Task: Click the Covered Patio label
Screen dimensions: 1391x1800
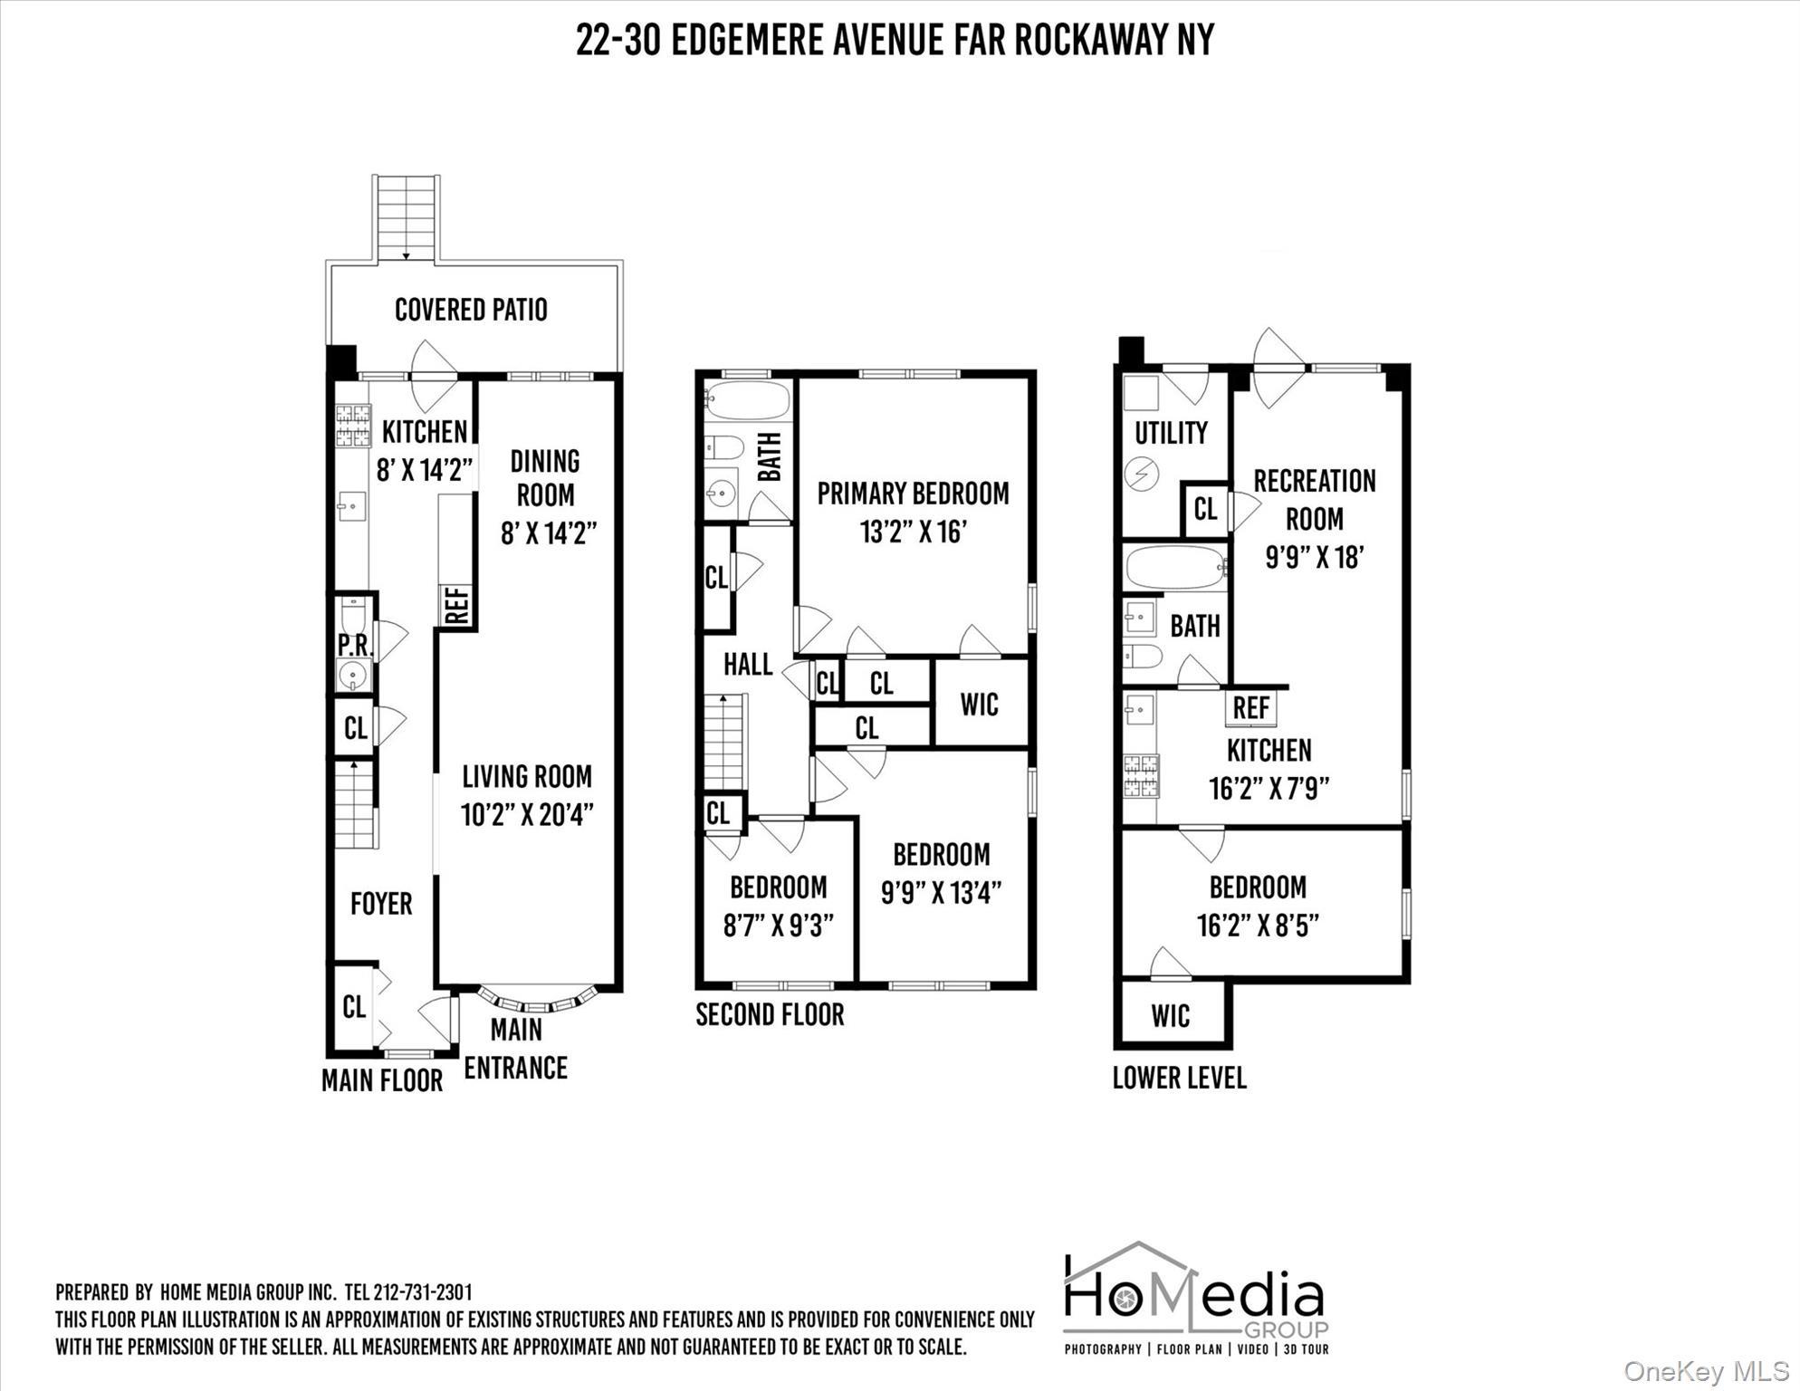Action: pos(471,310)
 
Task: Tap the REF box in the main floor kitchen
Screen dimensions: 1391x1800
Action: pos(457,606)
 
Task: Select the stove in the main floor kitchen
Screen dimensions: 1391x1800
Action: pos(353,426)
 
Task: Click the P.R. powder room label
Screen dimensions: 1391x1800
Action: pos(354,645)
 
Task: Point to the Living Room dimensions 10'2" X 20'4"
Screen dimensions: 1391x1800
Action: pos(527,815)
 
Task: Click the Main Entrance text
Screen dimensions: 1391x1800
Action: pos(515,1049)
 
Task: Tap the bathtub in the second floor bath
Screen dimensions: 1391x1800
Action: pos(748,400)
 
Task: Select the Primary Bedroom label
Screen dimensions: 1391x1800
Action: pos(913,494)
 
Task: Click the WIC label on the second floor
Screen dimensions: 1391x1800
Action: pos(979,705)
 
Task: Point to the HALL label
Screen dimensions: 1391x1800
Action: pos(748,665)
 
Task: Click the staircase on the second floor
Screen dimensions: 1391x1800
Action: pos(725,743)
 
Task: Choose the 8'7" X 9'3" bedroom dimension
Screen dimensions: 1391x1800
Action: pos(778,926)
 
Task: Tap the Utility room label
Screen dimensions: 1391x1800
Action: pos(1171,433)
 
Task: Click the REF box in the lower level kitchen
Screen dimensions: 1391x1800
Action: pos(1251,707)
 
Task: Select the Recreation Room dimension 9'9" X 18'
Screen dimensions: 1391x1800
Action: pos(1314,557)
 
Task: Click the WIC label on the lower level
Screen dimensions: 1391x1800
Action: pos(1170,1016)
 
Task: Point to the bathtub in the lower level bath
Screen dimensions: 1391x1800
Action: pos(1175,568)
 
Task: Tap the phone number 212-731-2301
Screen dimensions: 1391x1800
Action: pos(422,1292)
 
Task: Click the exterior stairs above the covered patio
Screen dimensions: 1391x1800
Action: pos(407,217)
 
